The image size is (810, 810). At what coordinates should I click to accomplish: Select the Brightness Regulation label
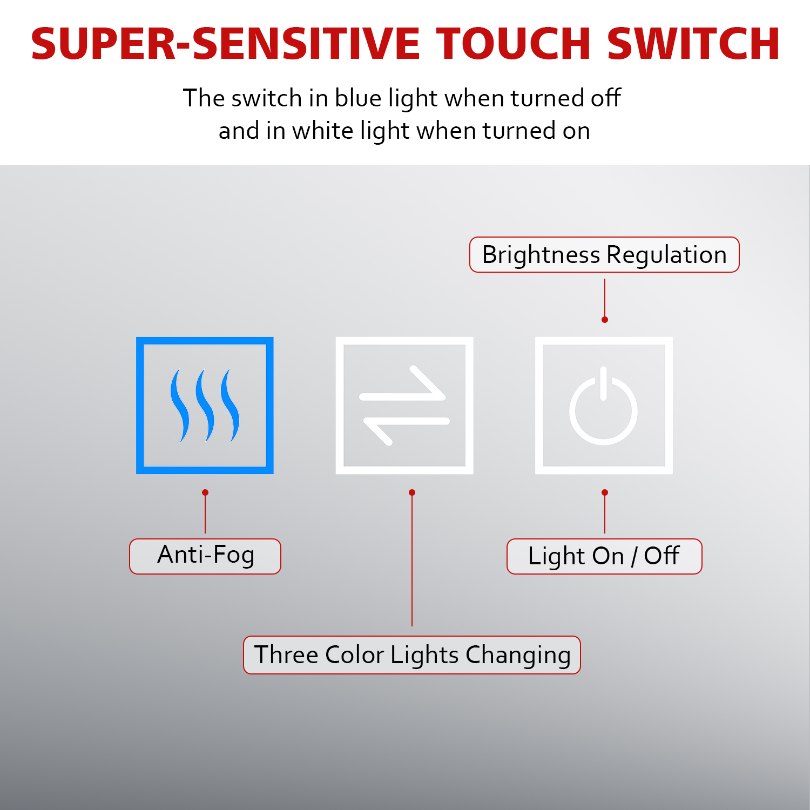coord(604,254)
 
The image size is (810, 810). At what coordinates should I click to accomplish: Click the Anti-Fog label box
coord(205,556)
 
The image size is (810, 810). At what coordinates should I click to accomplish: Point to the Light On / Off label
coord(604,556)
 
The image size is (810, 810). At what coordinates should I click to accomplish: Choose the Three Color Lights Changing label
coord(412,655)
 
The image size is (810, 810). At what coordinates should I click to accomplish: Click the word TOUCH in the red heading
coord(514,44)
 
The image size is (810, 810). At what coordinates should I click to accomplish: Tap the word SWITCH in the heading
coord(693,44)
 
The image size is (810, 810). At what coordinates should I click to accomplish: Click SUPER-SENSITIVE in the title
coord(225,44)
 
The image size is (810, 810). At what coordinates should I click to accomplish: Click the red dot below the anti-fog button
coord(205,492)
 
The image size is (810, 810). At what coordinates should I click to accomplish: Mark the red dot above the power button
coord(605,320)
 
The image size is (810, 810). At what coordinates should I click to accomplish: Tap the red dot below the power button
coord(605,492)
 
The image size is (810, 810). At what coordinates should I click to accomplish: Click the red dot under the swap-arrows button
coord(412,492)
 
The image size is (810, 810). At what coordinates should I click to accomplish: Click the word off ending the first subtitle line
coord(605,98)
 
